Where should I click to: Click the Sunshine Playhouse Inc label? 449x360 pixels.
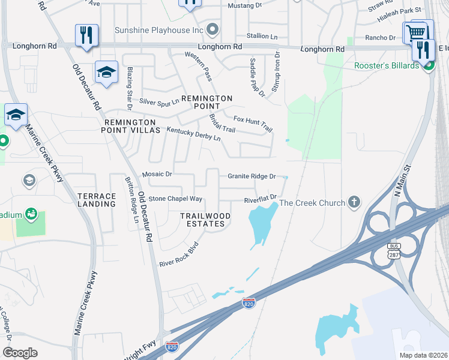158,29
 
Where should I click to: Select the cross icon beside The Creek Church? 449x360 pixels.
355,202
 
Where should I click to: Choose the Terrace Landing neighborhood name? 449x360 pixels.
97,200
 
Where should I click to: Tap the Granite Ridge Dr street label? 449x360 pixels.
252,176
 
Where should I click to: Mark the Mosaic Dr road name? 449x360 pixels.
157,174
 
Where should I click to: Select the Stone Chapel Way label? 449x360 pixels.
175,199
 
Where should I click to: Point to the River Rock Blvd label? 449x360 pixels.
178,255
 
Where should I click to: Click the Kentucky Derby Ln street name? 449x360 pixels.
193,133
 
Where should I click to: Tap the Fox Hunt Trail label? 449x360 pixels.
253,124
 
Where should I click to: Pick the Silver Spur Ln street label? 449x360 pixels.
159,102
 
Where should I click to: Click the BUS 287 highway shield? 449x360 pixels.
393,251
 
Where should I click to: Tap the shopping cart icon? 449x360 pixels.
415,31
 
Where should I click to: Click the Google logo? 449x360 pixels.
20,353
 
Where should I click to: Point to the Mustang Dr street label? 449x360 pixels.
245,5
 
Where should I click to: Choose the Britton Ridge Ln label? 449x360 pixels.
131,200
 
